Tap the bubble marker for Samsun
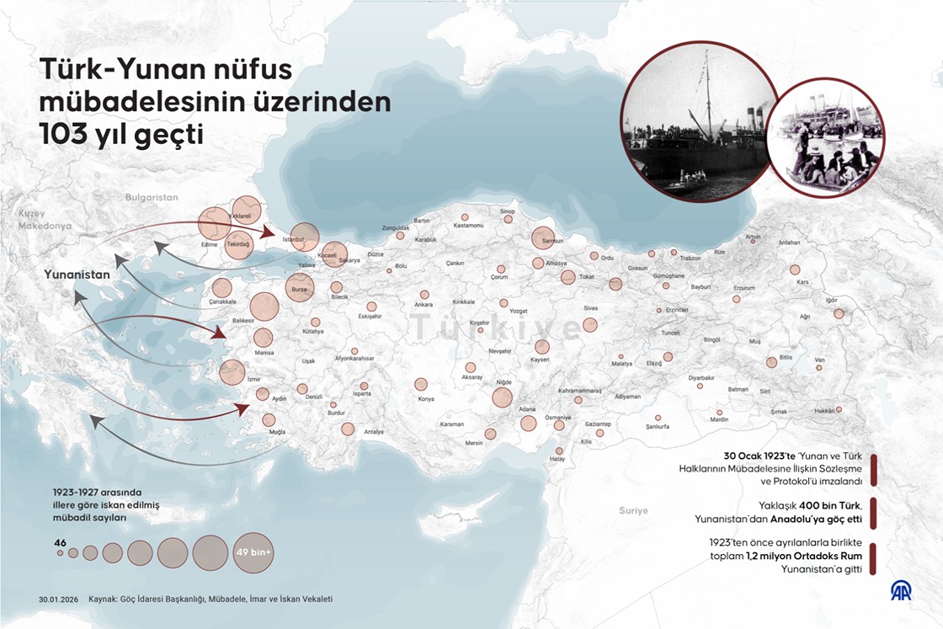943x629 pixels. tap(543, 238)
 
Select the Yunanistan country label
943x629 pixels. tap(77, 275)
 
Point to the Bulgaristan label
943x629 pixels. tap(152, 196)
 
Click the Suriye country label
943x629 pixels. tap(633, 510)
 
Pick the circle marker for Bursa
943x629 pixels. tap(299, 286)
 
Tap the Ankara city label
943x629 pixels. tap(424, 304)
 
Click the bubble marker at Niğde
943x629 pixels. tap(503, 397)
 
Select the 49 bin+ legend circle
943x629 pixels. tap(253, 552)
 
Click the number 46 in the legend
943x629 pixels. tap(60, 542)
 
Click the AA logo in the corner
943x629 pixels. tap(902, 591)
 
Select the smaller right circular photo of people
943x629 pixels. tap(825, 136)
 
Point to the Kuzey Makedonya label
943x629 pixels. tap(45, 221)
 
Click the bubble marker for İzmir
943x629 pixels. tap(232, 372)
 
